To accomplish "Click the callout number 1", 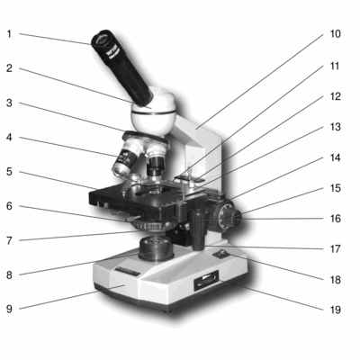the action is coord(9,34).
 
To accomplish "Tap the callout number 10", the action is coord(336,34).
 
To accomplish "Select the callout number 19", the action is coord(336,310).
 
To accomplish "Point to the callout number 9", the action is coord(9,309).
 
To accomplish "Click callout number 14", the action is coord(336,157).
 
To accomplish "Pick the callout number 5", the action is coord(9,172).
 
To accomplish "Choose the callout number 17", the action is coord(336,249).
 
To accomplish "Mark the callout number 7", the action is coord(9,240).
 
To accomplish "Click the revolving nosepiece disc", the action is coord(145,139).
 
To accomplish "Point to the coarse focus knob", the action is coord(224,215).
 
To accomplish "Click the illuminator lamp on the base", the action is coord(156,247).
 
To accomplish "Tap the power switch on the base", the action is coord(221,255).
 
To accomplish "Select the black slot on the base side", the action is coord(206,280).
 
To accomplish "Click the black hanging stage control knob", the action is coord(199,229).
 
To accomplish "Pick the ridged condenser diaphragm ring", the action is coord(151,225).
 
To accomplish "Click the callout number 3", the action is coord(9,103).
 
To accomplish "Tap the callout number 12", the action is coord(336,96).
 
